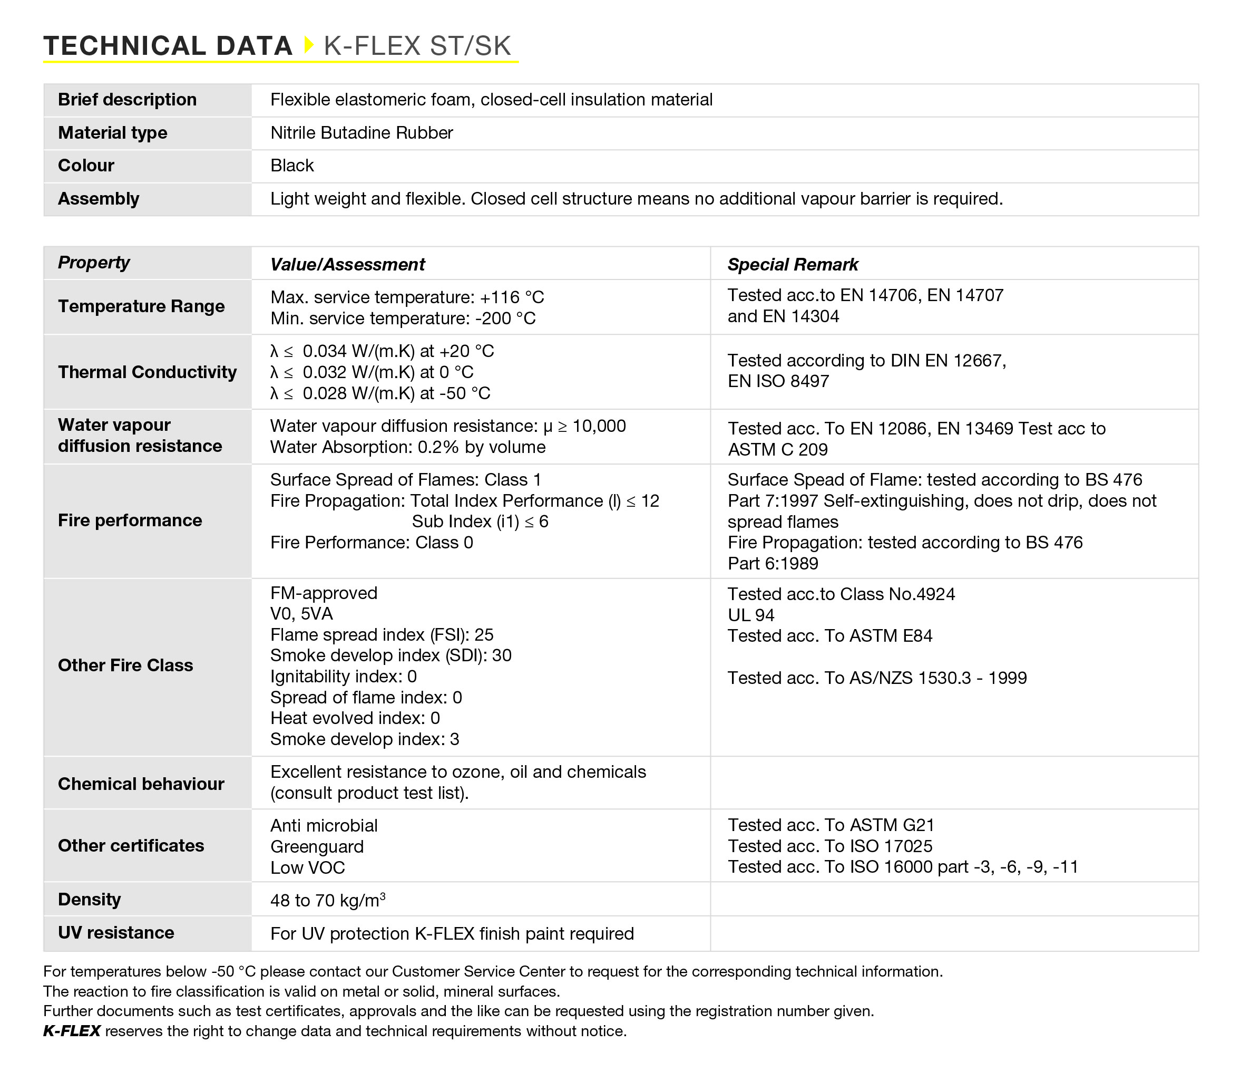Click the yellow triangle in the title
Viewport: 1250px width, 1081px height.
309,45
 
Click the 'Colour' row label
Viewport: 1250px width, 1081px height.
86,166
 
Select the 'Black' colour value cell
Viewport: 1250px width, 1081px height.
292,166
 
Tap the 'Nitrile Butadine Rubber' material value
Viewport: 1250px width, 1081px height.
362,133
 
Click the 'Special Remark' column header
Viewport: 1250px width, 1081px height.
792,264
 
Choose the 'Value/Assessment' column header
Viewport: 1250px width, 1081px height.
347,264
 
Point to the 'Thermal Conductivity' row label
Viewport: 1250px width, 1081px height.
147,372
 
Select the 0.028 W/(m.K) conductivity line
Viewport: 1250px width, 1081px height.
380,393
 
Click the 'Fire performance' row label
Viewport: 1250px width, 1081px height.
130,520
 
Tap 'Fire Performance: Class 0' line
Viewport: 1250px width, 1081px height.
372,543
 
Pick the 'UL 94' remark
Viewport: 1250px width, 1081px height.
750,615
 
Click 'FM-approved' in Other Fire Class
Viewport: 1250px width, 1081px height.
324,593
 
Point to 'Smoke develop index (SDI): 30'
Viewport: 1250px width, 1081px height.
390,655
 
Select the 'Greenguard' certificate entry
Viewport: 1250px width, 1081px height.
317,847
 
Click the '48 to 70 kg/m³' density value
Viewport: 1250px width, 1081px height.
328,901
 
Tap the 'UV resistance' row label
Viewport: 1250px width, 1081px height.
116,932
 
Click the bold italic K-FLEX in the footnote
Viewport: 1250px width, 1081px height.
72,1031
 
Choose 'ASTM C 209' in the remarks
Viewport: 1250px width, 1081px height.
778,450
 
